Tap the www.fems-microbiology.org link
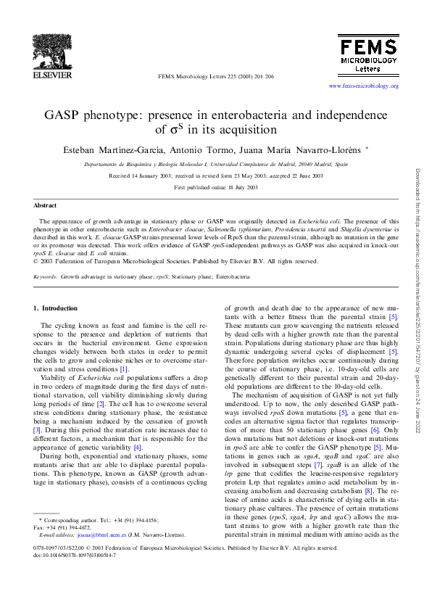363,86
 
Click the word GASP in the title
67,115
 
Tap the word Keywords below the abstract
46,276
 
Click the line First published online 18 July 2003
216,187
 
